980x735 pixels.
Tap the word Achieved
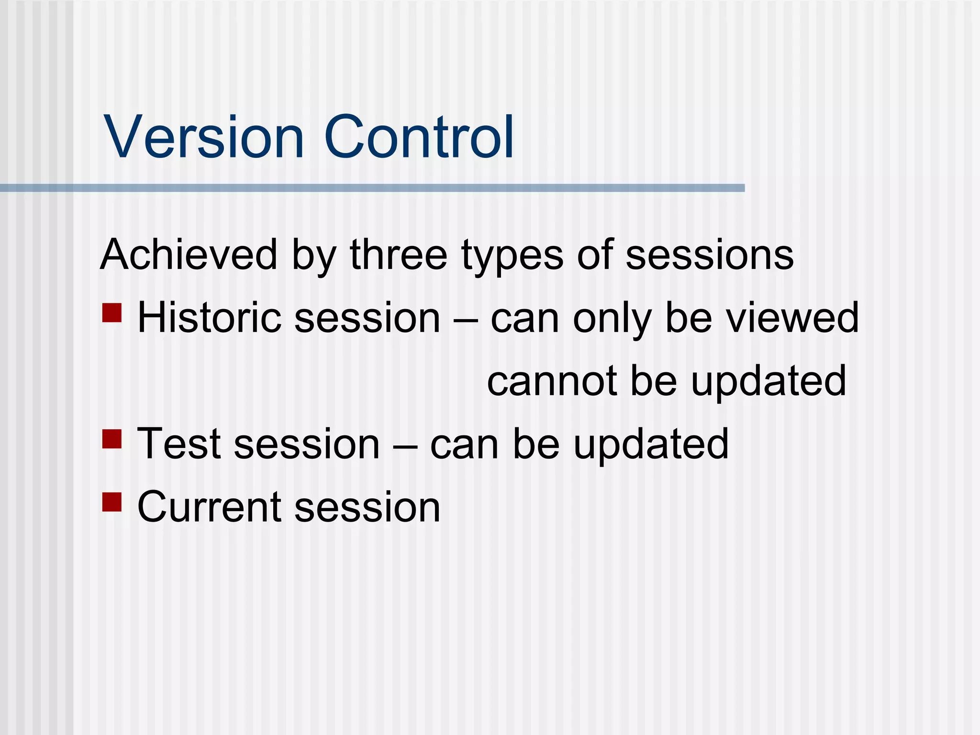pyautogui.click(x=189, y=255)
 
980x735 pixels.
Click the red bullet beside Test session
pyautogui.click(x=111, y=438)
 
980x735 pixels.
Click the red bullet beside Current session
pyautogui.click(x=111, y=501)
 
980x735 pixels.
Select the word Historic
pyautogui.click(x=209, y=318)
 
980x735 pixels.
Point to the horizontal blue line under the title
pyautogui.click(x=372, y=188)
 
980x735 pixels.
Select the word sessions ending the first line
pyautogui.click(x=710, y=256)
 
